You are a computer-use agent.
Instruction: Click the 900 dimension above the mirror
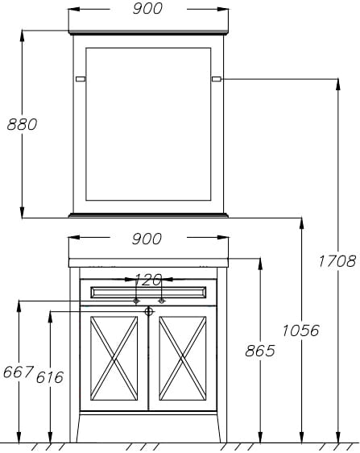(147, 9)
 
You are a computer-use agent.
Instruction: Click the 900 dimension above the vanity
(147, 239)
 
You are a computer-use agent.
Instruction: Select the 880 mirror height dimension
(23, 124)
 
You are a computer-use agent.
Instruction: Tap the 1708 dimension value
(337, 261)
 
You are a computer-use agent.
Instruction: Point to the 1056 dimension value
(300, 330)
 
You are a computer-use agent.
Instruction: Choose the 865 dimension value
(260, 351)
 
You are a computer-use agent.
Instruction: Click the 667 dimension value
(19, 372)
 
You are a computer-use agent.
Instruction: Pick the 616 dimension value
(50, 377)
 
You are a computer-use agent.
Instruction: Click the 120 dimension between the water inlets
(148, 280)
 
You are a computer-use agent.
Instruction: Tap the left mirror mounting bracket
(81, 79)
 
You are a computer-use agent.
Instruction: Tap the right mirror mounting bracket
(216, 79)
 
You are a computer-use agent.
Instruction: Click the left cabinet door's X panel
(114, 358)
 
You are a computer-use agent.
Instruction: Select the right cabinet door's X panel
(183, 358)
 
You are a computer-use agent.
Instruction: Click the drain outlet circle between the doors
(149, 311)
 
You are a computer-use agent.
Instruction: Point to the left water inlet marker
(137, 301)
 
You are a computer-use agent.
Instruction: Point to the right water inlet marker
(162, 301)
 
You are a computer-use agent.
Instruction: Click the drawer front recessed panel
(148, 293)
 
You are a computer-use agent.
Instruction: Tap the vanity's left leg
(74, 355)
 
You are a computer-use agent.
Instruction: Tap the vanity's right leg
(222, 355)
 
